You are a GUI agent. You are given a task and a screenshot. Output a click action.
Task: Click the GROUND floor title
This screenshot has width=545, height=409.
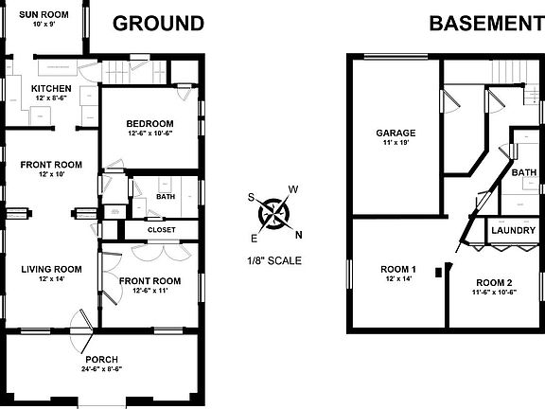(158, 24)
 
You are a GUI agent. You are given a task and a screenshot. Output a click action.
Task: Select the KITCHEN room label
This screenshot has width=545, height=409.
(51, 89)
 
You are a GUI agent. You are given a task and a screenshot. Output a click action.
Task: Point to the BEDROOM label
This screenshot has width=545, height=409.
(150, 124)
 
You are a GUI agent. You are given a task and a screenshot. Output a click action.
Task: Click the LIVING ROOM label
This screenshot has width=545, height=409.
(51, 269)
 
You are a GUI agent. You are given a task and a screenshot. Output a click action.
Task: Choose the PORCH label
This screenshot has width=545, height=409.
(101, 359)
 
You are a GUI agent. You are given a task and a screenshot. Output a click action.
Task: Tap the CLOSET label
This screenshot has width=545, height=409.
(162, 229)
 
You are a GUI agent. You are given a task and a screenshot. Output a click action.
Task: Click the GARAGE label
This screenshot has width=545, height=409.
(396, 133)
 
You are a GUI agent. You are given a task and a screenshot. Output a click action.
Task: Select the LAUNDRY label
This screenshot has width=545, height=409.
(514, 230)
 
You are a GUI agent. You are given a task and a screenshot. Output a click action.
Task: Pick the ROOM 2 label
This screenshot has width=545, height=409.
(494, 283)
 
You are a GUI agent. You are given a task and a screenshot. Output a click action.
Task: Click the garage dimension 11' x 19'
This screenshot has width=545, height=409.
(396, 143)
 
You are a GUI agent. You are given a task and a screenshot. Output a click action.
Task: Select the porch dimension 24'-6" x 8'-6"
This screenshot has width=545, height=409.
(101, 369)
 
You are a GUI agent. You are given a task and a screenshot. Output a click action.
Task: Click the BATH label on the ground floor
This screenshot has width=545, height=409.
(166, 197)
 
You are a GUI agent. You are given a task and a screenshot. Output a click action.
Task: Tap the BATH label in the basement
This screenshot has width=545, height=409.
(523, 172)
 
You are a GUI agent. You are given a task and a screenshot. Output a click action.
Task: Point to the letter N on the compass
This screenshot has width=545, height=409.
(299, 236)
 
